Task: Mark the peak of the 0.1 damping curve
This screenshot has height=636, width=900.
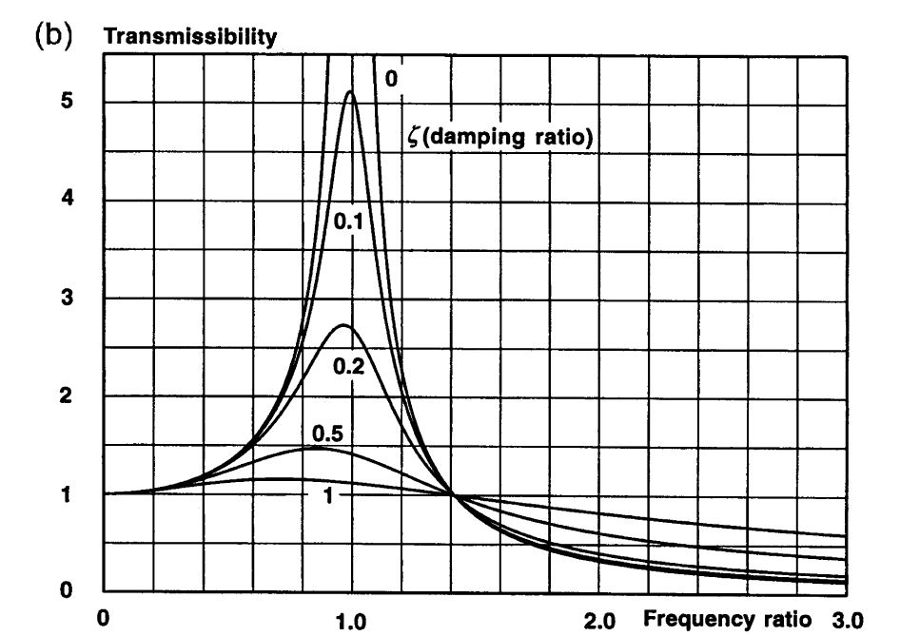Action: pos(351,91)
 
